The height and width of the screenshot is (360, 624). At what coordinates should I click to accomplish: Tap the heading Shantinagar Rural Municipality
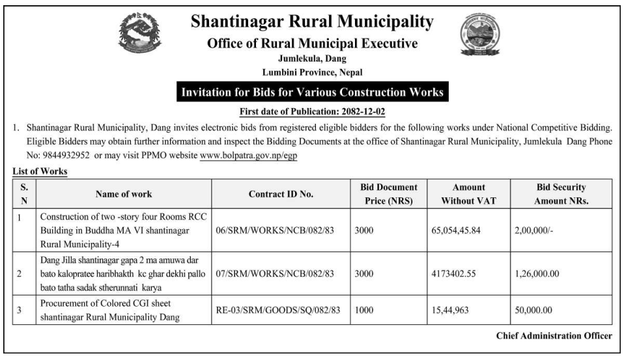coord(312,24)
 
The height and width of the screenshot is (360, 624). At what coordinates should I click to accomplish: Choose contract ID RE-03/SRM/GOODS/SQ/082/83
coord(278,311)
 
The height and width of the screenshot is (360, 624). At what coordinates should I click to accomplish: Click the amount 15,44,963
coord(459,311)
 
